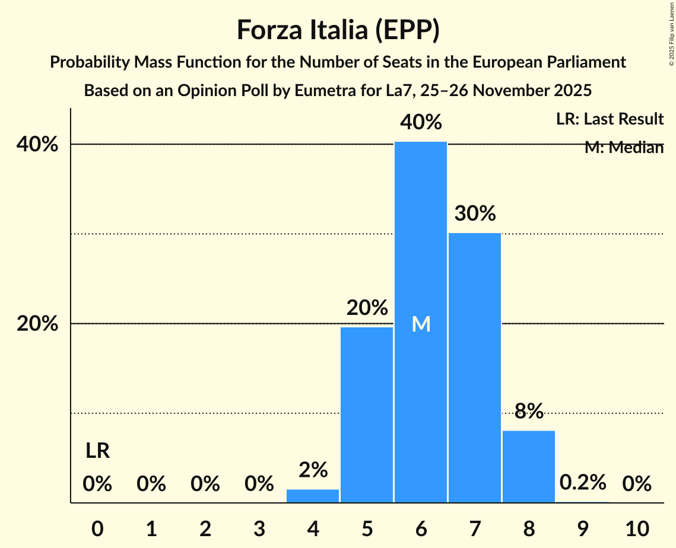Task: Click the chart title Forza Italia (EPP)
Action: point(338,30)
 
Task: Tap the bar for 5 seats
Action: point(367,415)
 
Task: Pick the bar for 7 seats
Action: point(475,368)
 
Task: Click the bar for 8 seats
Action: point(529,466)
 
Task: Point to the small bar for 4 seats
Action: point(313,496)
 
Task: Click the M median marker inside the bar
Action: point(421,324)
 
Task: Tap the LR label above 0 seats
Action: point(97,451)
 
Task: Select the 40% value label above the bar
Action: point(421,123)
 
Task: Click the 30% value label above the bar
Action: point(475,214)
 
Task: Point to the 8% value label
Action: point(529,411)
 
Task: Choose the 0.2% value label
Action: point(582,483)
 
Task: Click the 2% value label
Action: point(313,470)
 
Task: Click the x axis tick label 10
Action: point(636,527)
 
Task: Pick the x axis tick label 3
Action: point(259,527)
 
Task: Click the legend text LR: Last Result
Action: point(610,119)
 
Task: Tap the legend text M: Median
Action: point(624,148)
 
